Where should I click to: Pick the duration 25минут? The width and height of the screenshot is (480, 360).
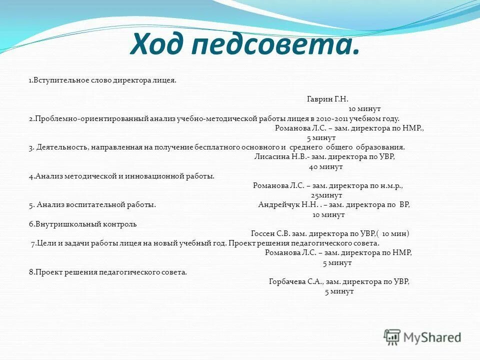(x=326, y=195)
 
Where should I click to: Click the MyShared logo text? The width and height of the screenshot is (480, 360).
(x=433, y=337)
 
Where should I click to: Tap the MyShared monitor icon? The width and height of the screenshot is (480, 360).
(x=392, y=336)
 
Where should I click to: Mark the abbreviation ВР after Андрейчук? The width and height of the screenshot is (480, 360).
(x=404, y=204)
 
